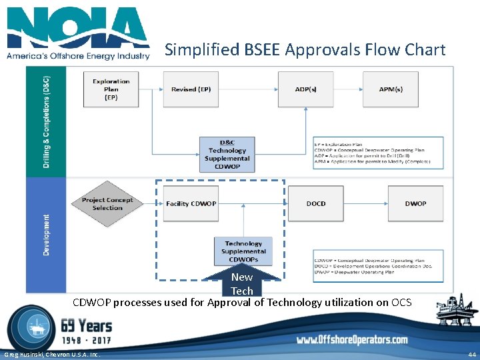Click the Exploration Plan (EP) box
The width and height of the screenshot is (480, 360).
(111, 89)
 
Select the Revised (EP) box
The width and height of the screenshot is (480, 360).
(191, 89)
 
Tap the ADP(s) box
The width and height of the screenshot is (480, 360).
(306, 89)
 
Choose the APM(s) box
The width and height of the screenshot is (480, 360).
(390, 89)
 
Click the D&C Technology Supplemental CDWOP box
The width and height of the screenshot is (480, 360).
(227, 155)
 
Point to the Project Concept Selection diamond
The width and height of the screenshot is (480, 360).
(107, 204)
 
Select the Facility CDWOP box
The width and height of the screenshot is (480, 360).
(191, 203)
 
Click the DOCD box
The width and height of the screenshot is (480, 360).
(315, 203)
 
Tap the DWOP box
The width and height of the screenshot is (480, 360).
(415, 203)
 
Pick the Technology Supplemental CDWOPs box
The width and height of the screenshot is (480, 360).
(243, 251)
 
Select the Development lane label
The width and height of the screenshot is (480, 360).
(46, 235)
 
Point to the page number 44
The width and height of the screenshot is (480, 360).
(472, 354)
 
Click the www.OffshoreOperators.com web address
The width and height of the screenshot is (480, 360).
(352, 340)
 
